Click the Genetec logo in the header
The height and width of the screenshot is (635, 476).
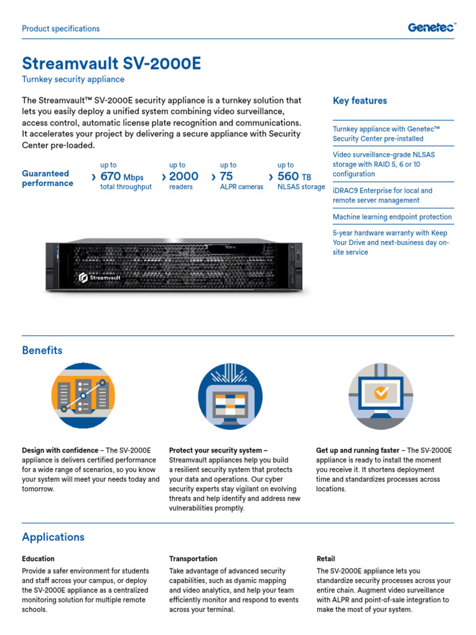click(x=431, y=27)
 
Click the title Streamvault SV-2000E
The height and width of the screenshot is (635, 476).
click(x=112, y=64)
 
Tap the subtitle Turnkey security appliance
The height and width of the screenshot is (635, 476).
click(x=73, y=79)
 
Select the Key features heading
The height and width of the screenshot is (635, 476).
click(x=359, y=100)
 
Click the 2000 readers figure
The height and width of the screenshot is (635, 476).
click(x=183, y=177)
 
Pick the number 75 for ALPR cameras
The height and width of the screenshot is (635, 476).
click(x=226, y=177)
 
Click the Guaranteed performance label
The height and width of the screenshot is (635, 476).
click(x=48, y=179)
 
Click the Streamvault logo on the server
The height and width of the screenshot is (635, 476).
click(x=100, y=278)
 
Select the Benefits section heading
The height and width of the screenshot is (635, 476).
click(x=42, y=350)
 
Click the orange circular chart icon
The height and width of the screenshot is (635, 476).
click(x=83, y=395)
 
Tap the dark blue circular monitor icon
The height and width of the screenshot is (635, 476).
click(x=230, y=395)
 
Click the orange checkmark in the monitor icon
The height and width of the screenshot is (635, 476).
click(x=382, y=392)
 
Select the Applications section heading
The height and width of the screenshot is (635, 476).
click(x=53, y=537)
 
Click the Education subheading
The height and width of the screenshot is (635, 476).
click(x=38, y=559)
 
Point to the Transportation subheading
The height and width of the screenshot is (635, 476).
click(x=193, y=559)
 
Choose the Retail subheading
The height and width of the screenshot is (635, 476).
click(x=325, y=559)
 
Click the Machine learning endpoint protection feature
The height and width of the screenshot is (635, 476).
click(x=392, y=217)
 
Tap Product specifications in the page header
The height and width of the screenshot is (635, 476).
click(x=61, y=29)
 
